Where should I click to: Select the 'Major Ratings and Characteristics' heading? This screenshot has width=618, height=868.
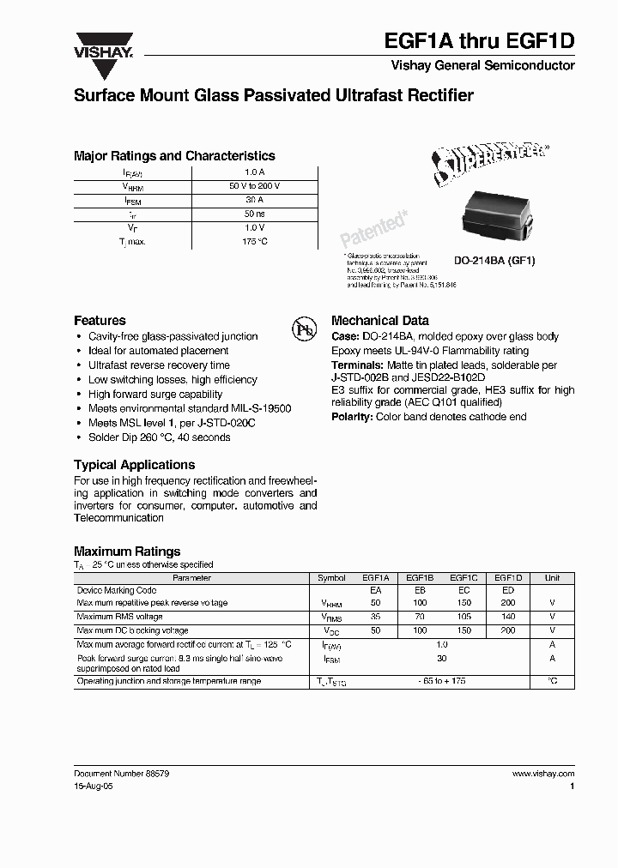[x=174, y=156]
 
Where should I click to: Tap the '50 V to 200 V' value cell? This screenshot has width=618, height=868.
[x=254, y=186]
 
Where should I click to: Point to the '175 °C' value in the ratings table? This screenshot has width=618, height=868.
[x=254, y=242]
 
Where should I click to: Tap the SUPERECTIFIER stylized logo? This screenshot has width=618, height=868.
[x=489, y=163]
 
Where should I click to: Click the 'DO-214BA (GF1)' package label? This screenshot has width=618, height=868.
[x=494, y=261]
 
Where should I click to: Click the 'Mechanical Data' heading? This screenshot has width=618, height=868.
[x=379, y=320]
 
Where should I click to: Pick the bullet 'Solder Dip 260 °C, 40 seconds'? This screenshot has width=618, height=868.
[x=159, y=437]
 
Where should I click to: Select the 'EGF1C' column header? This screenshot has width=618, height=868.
[x=463, y=578]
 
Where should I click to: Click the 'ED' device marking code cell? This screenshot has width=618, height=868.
[x=507, y=591]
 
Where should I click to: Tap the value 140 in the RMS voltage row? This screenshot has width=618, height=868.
[x=507, y=617]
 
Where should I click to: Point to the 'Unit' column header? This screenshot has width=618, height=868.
[x=552, y=578]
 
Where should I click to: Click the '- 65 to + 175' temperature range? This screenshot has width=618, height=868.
[x=442, y=681]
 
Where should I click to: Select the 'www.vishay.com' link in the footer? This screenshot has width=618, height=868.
[x=542, y=774]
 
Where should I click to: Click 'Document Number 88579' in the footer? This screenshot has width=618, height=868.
[x=121, y=774]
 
